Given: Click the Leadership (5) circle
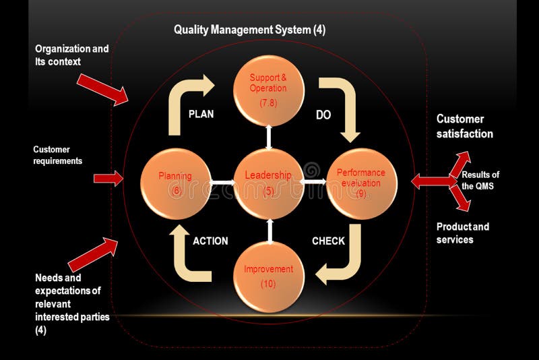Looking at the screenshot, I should (268, 182).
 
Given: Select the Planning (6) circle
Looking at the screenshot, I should (175, 182).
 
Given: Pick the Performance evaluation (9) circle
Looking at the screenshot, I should (361, 182).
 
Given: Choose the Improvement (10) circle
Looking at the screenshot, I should (268, 276).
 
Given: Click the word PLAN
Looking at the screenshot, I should (201, 114).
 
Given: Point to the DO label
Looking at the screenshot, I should (323, 115).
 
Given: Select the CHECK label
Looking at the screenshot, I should (328, 241).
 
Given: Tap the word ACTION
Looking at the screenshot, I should (210, 241).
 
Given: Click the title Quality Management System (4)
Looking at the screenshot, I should (249, 30).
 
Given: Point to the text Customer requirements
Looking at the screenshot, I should (57, 155).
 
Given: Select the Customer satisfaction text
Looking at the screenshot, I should (464, 126).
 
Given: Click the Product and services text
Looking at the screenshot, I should (463, 233).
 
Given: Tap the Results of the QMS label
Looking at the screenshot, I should (480, 180).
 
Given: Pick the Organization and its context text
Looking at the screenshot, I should (71, 55).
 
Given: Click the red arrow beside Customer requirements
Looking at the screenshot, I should (108, 179).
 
